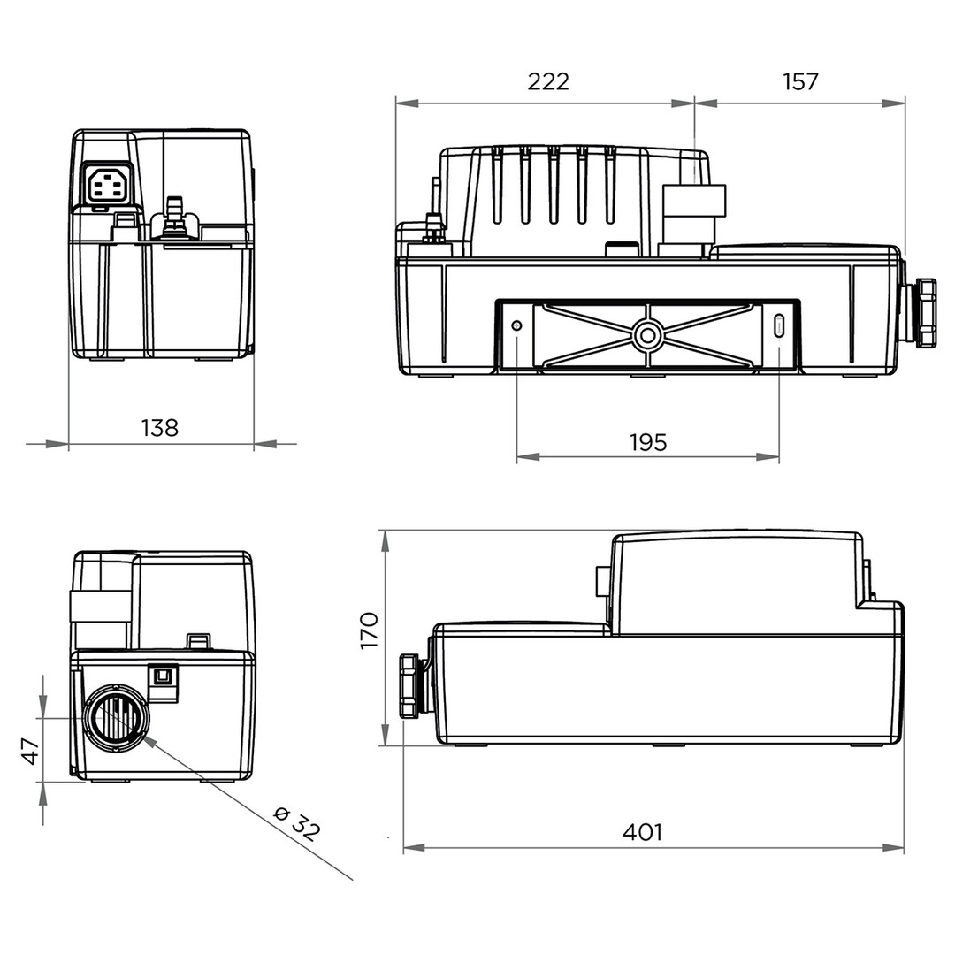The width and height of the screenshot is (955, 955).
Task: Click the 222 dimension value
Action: pyautogui.click(x=548, y=81)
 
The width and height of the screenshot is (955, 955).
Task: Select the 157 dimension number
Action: pyautogui.click(x=799, y=81)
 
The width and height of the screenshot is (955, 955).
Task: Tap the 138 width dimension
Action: pyautogui.click(x=159, y=428)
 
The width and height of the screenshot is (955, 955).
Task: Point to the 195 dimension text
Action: pyautogui.click(x=648, y=442)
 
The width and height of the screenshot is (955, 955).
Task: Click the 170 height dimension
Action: pyautogui.click(x=370, y=630)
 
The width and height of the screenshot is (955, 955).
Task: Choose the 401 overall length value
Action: pyautogui.click(x=642, y=831)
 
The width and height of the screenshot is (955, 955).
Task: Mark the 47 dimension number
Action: pyautogui.click(x=30, y=751)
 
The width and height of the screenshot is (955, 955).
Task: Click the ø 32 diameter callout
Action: pyautogui.click(x=297, y=822)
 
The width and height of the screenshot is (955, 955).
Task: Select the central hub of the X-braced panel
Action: pyautogui.click(x=647, y=335)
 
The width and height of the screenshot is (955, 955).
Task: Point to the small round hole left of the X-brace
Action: pyautogui.click(x=517, y=325)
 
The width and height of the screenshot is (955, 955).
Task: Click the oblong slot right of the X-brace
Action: pyautogui.click(x=779, y=325)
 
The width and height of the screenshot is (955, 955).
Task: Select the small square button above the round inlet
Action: pyautogui.click(x=164, y=675)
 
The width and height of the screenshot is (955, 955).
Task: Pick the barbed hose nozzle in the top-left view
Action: pyautogui.click(x=175, y=214)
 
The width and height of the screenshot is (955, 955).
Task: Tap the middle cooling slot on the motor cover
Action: pyautogui.click(x=554, y=185)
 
